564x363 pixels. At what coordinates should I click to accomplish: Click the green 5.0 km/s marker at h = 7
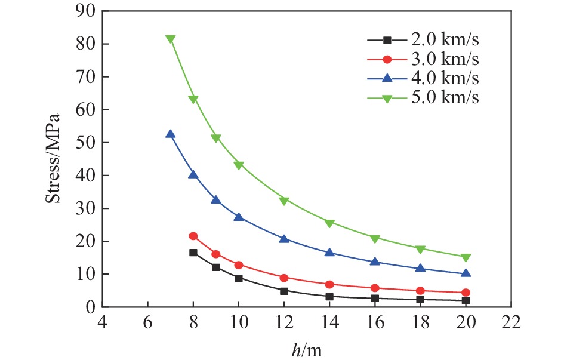coord(171,39)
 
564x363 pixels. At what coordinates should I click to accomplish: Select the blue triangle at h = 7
coord(171,134)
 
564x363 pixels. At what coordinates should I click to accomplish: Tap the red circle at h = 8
coord(193,236)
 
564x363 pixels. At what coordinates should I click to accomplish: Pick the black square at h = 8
coord(193,253)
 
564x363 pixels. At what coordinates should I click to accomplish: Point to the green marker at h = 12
coord(284,201)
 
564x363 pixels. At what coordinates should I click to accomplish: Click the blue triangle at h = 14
coord(329,253)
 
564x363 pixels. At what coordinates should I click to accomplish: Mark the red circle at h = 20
coord(466,293)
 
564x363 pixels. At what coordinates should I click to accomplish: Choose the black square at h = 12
coord(284,291)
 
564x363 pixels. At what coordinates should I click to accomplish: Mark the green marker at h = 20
coord(466,257)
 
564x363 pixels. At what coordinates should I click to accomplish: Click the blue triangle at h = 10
coord(239,217)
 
